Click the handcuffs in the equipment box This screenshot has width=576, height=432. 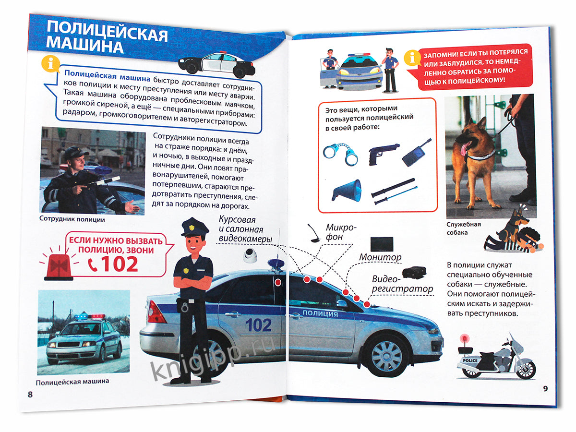(x=340, y=153)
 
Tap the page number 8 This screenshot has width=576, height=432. (x=30, y=394)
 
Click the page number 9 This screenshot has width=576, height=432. (x=545, y=388)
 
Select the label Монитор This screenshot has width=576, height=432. (x=380, y=257)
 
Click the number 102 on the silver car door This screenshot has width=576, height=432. (x=259, y=325)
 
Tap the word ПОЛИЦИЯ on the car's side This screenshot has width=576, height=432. (x=321, y=313)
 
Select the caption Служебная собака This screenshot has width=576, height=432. (x=463, y=228)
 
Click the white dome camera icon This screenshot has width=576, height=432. (x=250, y=254)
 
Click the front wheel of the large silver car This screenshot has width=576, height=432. (x=387, y=355)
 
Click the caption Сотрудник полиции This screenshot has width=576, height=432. (x=72, y=219)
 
